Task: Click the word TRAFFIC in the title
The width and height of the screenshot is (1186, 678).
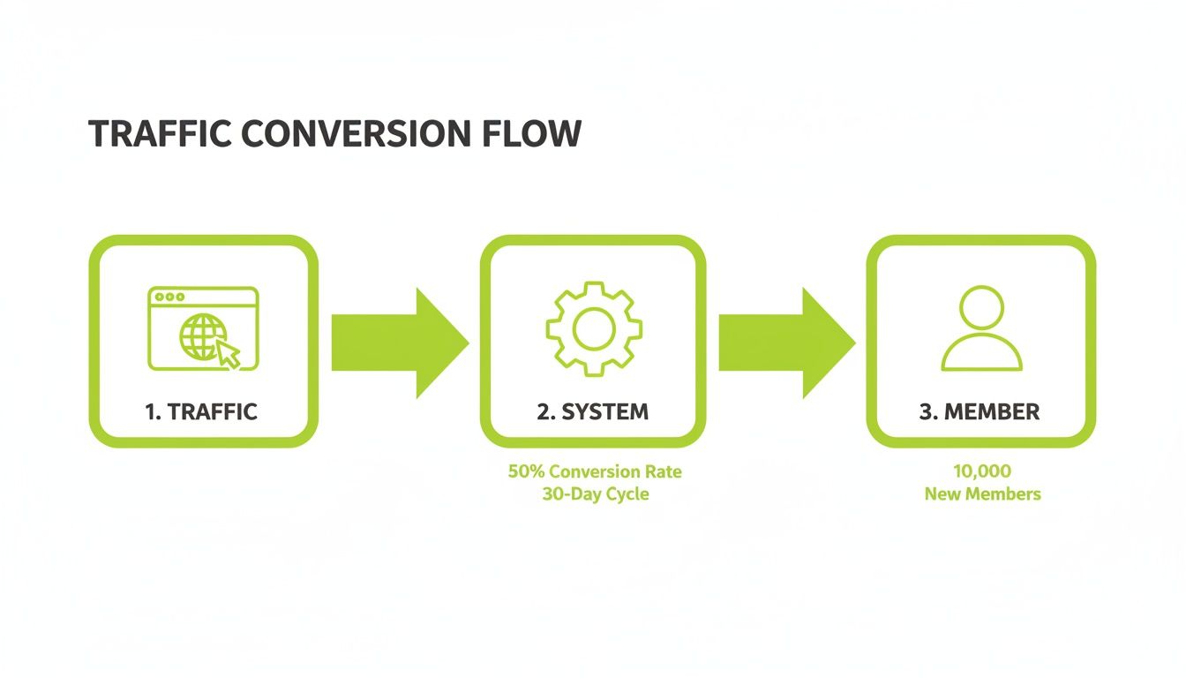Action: (x=160, y=133)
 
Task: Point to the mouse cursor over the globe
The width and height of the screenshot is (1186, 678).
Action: (x=229, y=354)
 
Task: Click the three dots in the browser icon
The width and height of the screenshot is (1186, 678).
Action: (x=169, y=298)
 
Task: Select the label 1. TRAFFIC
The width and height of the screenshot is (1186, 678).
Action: (x=201, y=411)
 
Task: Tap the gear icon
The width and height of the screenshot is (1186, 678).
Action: (x=593, y=329)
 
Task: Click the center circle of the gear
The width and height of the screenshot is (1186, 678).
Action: (x=593, y=329)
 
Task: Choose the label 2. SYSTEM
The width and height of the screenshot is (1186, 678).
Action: (x=592, y=411)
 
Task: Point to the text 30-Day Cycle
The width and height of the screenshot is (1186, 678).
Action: (x=595, y=493)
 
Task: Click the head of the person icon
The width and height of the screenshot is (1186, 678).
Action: (x=981, y=307)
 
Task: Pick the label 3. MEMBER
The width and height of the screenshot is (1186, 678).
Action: (x=980, y=411)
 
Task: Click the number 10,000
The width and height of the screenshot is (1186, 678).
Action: (x=981, y=471)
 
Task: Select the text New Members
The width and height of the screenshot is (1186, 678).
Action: (x=982, y=493)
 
